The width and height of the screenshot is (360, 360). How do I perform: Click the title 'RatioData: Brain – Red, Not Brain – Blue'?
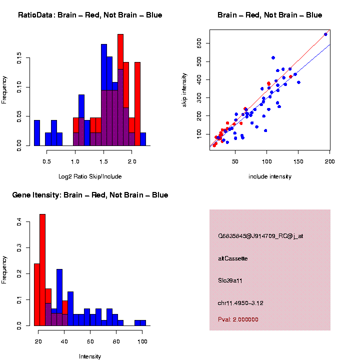click(x=90, y=15)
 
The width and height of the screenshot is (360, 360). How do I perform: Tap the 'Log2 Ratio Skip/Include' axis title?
click(x=90, y=176)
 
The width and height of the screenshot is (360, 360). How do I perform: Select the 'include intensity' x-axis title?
click(x=270, y=176)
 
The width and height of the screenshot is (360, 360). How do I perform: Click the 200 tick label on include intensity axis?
click(x=329, y=161)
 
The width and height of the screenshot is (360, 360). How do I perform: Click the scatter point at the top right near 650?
click(x=325, y=34)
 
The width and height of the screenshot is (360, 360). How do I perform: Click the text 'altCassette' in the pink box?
click(x=233, y=258)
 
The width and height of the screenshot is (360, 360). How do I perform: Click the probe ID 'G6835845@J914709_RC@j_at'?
click(x=260, y=236)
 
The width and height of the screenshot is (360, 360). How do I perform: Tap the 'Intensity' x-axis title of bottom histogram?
click(x=90, y=356)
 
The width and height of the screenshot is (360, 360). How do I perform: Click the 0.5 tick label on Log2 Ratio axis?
click(x=47, y=161)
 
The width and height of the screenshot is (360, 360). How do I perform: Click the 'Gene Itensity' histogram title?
click(x=90, y=195)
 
